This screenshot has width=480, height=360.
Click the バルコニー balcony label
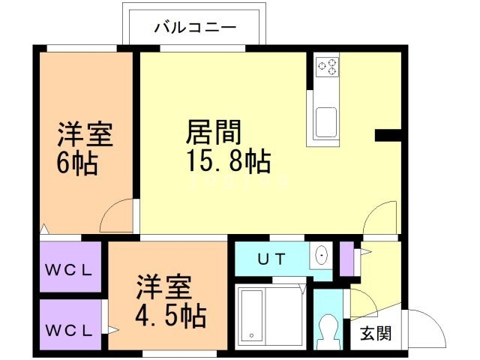pos(195,28)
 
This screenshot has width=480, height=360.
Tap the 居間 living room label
pos(214,132)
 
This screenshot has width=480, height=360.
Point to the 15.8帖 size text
pos(228,160)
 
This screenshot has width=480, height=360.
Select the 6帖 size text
pos(77,163)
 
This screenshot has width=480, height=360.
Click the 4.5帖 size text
pos(170,316)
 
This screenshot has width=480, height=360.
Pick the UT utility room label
pos(271,259)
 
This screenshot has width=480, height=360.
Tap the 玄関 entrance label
pos(376,333)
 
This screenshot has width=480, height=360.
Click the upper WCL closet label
pos(68,270)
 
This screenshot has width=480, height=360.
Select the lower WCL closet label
pos(68,330)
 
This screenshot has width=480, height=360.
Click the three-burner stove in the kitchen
pos(327,67)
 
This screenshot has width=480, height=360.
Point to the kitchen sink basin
pos(326,121)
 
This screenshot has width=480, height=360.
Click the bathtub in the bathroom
pos(252,316)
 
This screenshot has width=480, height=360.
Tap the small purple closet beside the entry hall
pos(346,259)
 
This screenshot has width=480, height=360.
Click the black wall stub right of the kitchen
pos(388,135)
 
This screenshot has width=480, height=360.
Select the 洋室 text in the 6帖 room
pos(85,134)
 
